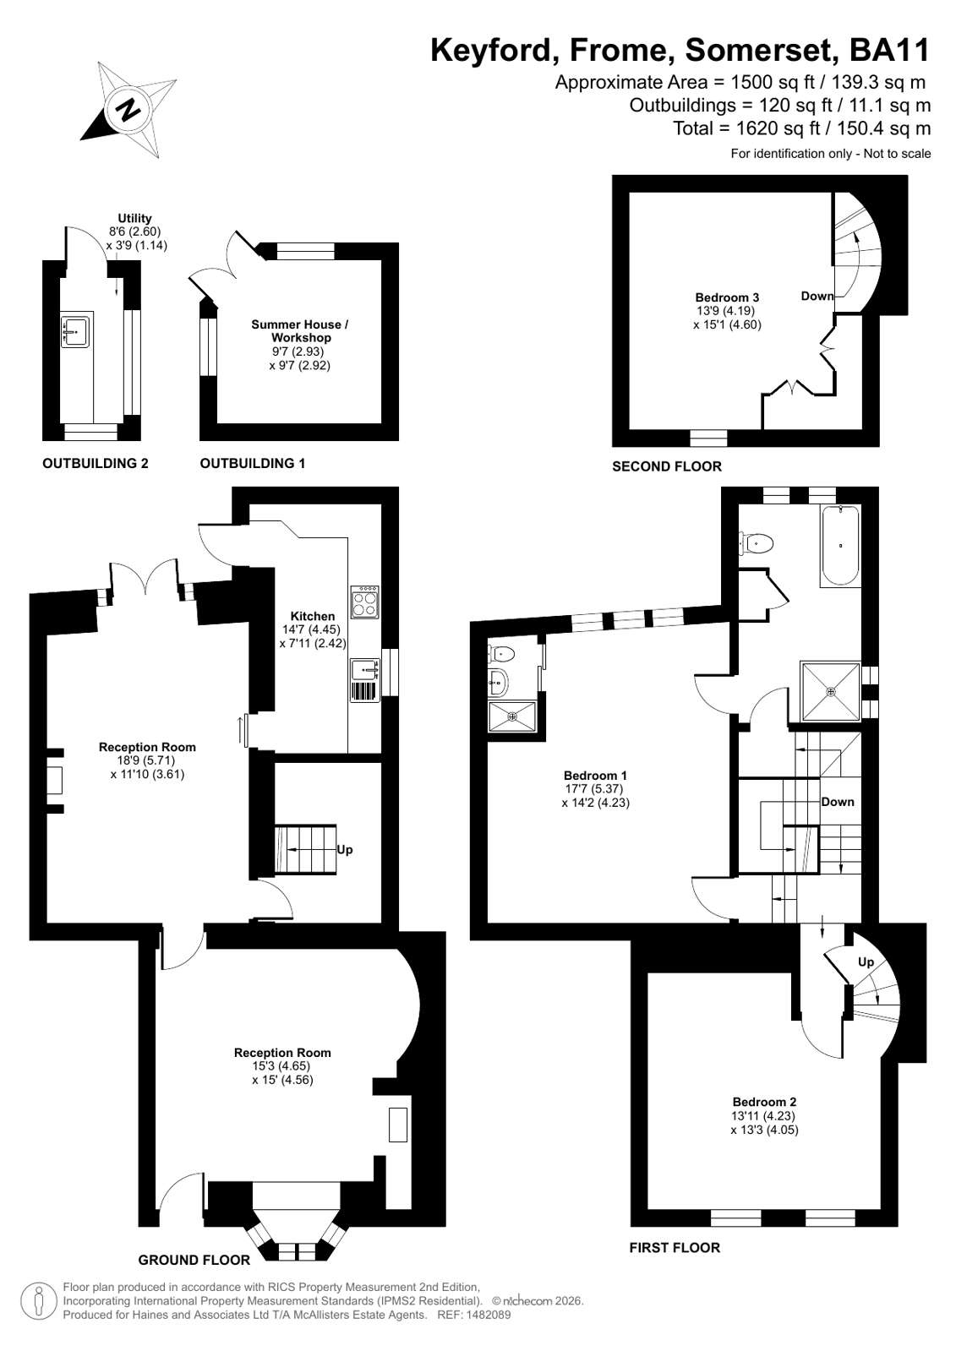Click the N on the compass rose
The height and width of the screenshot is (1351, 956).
tap(128, 111)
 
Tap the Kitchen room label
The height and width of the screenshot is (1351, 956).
tap(313, 617)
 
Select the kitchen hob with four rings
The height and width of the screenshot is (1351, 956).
tap(365, 602)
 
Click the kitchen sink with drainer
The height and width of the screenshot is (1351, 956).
tap(365, 680)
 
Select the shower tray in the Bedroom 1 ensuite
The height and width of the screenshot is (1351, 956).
tap(512, 716)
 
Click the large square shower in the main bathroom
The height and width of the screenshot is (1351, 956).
tap(830, 691)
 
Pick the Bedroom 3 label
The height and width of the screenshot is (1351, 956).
tap(727, 297)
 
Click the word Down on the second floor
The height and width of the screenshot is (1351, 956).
tap(817, 296)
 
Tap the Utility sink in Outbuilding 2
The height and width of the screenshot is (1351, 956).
tap(75, 330)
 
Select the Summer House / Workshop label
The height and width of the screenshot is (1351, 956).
tap(300, 331)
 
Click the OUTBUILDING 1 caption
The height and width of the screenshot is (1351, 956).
tap(252, 463)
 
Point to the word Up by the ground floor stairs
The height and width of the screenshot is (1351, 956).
tap(345, 850)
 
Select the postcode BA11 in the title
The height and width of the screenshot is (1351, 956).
tap(889, 50)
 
